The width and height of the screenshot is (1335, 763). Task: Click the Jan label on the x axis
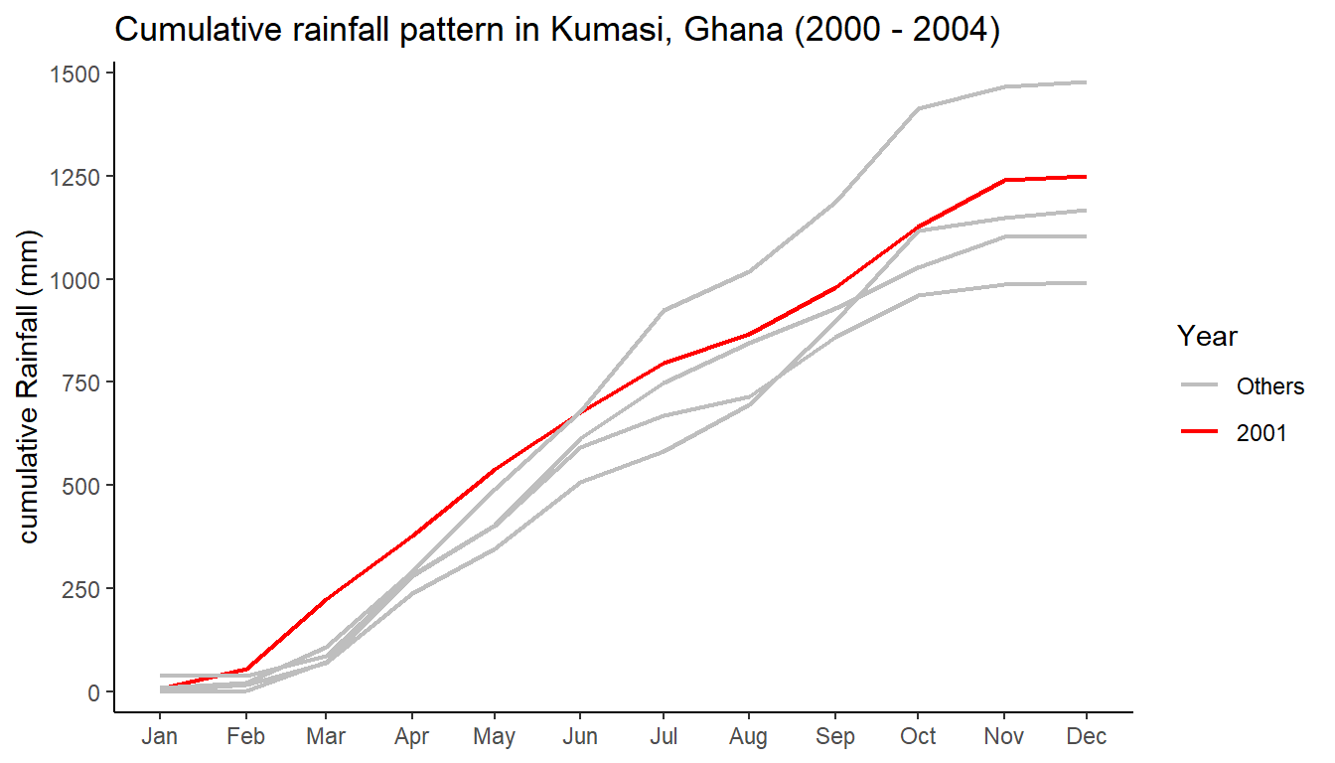click(x=160, y=737)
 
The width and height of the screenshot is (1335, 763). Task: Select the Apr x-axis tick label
click(x=411, y=737)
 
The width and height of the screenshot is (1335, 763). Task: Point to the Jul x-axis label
click(x=664, y=737)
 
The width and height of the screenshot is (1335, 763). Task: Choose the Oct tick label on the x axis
click(x=918, y=737)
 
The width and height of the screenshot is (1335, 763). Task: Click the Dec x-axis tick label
click(x=1087, y=737)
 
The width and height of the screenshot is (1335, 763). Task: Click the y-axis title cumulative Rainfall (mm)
click(x=29, y=387)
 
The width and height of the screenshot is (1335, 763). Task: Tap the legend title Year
click(x=1207, y=337)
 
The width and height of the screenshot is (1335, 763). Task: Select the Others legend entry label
click(x=1269, y=386)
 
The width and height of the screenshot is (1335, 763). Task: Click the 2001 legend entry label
click(x=1261, y=433)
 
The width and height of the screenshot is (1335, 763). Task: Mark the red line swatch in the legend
click(x=1200, y=433)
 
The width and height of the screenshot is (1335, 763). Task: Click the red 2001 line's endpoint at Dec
click(x=1087, y=177)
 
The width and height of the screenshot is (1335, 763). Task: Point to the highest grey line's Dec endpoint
click(x=1087, y=82)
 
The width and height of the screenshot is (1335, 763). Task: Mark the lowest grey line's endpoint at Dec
click(x=1087, y=283)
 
